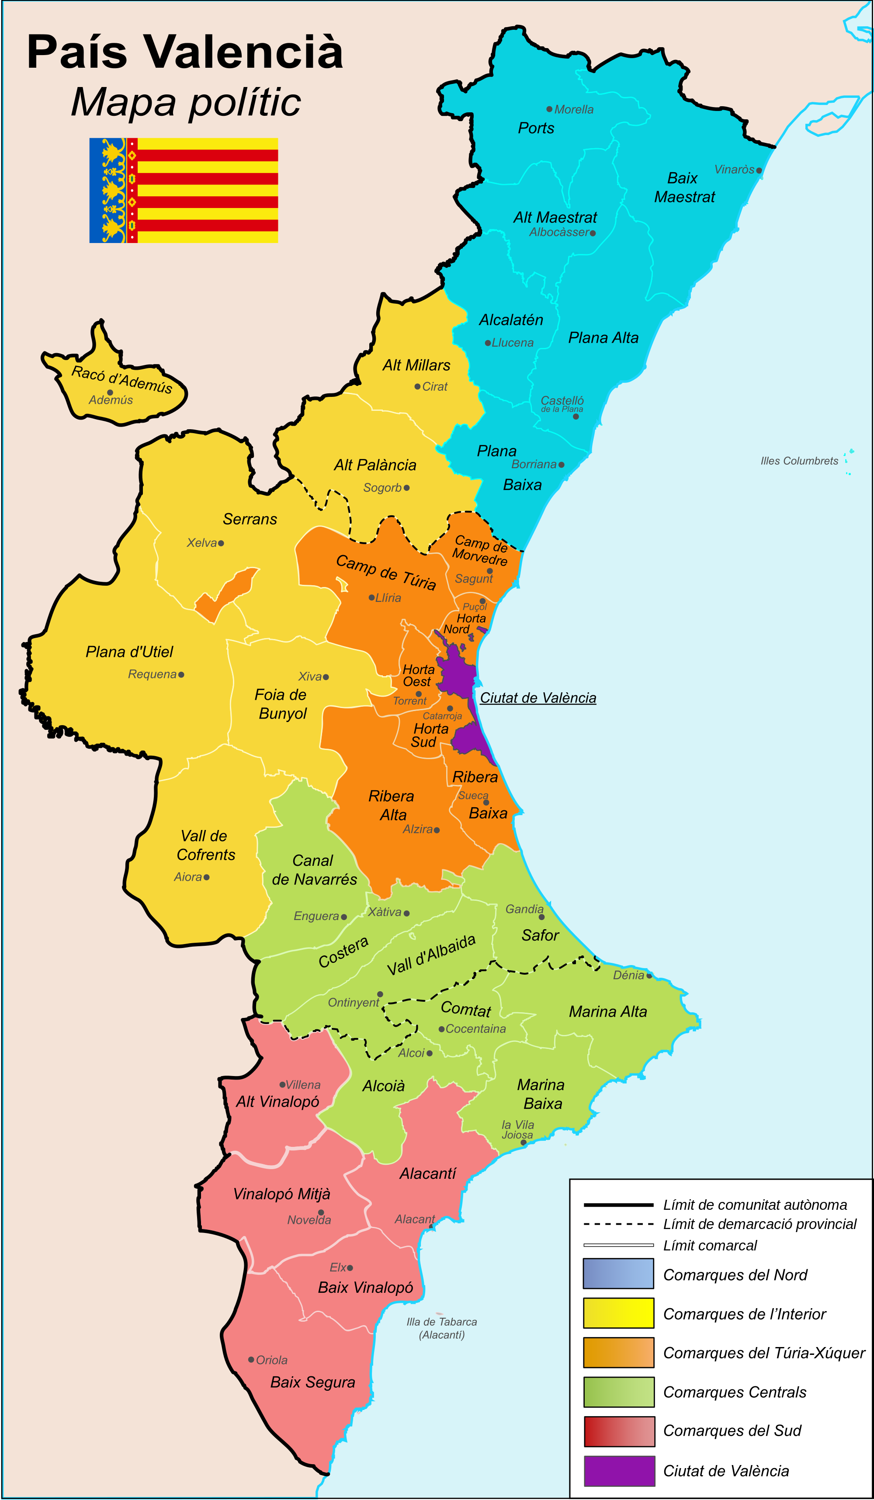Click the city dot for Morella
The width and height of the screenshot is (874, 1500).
[549, 109]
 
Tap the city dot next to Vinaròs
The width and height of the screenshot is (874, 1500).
[759, 171]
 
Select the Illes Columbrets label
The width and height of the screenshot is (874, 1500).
[799, 461]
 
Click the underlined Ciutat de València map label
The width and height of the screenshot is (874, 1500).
[538, 698]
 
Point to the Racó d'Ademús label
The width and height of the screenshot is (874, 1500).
[122, 379]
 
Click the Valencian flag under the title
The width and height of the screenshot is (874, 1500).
[183, 191]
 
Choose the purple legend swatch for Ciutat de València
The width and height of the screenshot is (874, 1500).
[619, 1471]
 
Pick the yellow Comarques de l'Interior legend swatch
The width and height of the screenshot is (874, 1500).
[619, 1313]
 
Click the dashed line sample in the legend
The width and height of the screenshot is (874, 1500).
[619, 1224]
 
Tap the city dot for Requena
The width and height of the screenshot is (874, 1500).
[181, 674]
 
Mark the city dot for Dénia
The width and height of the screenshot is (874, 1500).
[649, 976]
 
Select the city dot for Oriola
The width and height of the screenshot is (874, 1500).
[251, 1360]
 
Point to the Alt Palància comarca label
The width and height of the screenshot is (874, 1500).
[375, 465]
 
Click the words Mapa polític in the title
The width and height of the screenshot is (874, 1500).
[186, 102]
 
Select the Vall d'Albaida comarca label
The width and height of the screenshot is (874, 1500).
[431, 954]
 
